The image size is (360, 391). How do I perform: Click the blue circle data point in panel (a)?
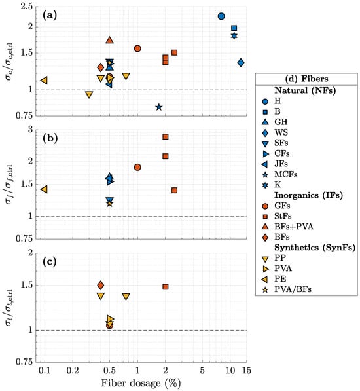coord(221,16)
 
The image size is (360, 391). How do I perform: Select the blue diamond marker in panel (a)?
coord(241,63)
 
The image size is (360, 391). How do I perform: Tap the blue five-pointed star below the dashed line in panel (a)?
coord(159,107)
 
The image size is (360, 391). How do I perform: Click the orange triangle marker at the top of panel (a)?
coord(109,40)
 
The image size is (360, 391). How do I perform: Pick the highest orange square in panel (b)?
coord(166,137)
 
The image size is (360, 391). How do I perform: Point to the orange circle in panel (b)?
coord(137,167)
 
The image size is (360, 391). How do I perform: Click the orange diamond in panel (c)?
coord(101,285)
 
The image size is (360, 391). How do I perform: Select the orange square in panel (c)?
coord(166,287)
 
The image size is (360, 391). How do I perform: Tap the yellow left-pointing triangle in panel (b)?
coord(44,189)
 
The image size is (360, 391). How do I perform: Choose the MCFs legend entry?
coord(279,174)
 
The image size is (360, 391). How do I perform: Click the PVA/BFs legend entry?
coord(287,289)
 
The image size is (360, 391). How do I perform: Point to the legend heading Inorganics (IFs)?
coord(309,195)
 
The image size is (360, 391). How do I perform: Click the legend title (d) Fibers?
coord(306,79)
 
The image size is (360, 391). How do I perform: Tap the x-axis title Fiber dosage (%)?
coord(141,383)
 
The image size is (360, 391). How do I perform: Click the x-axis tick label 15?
coord(246,370)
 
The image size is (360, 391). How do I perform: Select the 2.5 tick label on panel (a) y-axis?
coord(27,6)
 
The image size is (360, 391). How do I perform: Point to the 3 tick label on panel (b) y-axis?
coord(30,129)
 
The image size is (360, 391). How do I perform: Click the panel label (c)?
coord(50,261)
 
